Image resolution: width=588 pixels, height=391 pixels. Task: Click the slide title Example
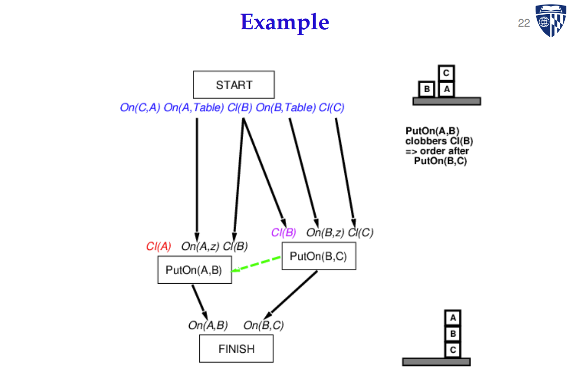pos(284,22)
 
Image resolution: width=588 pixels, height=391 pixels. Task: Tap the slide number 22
pos(524,23)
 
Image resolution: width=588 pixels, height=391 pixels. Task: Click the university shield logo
pos(551,21)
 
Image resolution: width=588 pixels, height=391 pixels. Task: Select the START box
pos(234,85)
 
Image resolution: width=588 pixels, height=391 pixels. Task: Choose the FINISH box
pos(236,349)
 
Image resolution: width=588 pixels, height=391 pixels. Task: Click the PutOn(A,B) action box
pos(194,270)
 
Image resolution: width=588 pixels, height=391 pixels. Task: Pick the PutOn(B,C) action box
pos(319,256)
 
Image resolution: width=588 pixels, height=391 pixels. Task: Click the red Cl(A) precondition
pos(159,246)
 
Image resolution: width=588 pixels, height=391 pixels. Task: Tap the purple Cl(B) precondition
pos(283,232)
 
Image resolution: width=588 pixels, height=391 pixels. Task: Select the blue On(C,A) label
pos(140,107)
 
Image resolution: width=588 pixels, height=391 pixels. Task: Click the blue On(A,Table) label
pos(194,107)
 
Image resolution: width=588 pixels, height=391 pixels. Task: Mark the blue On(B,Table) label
pos(286,107)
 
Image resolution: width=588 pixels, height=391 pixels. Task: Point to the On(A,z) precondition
pos(200,246)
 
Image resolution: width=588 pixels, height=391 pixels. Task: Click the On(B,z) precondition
pos(325,232)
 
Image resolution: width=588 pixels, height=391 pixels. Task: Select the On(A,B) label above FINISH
pos(208,325)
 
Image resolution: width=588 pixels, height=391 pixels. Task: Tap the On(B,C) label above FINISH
pos(263,325)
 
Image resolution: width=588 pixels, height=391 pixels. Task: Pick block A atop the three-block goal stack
pos(453,317)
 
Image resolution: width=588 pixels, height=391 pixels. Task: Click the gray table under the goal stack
pos(436,362)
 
